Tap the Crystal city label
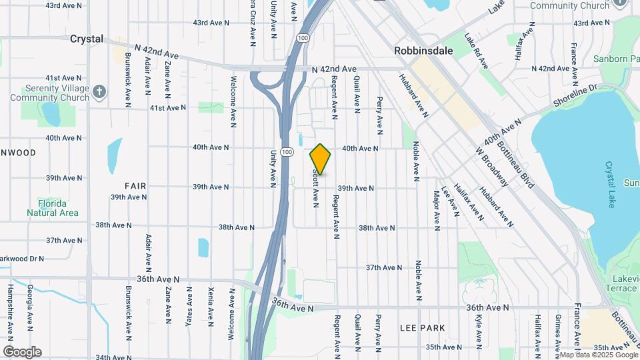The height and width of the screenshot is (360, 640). point(87,39)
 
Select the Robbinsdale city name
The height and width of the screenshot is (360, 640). point(423,50)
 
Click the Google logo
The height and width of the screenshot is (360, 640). point(22,352)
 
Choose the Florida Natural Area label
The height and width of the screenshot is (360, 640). point(53,208)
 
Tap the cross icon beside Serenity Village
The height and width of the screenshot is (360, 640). point(99,91)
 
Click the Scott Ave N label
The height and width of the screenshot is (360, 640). point(315,187)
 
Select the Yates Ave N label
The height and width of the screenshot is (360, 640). point(189,305)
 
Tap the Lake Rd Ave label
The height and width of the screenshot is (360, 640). point(477,51)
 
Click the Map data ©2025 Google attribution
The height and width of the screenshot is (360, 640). point(598,355)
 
